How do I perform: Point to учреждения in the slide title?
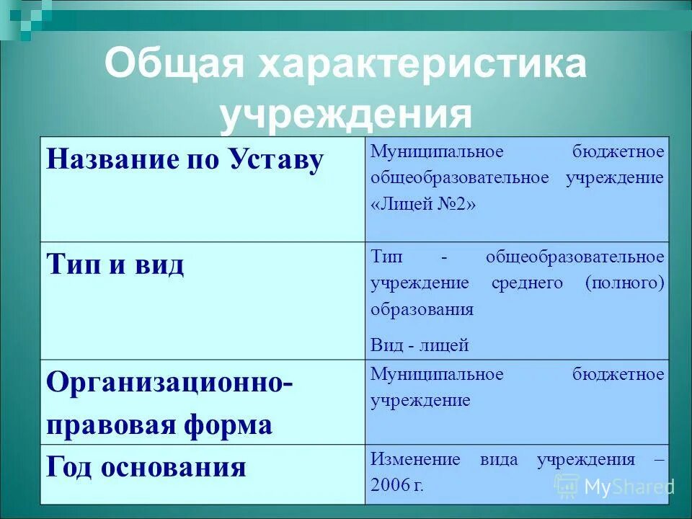(x=346, y=115)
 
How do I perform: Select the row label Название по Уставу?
(x=185, y=159)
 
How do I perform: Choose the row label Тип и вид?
(x=115, y=265)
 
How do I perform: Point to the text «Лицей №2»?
(x=424, y=204)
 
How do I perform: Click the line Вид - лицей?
(x=420, y=345)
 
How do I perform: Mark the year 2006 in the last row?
(x=389, y=485)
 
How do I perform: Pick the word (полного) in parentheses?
(x=624, y=283)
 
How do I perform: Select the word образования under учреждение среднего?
(x=422, y=309)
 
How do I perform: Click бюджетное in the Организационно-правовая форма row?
(x=618, y=375)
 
